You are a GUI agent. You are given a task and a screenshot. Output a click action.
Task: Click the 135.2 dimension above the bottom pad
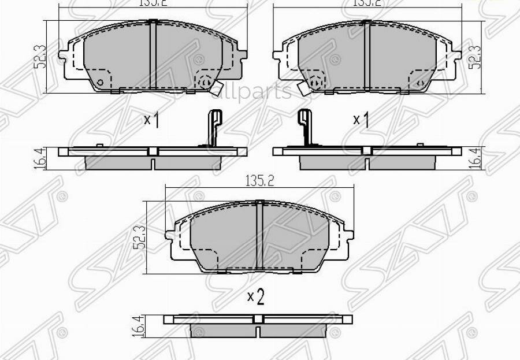tap(258, 180)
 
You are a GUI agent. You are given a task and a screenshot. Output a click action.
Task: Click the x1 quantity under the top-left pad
tap(151, 120)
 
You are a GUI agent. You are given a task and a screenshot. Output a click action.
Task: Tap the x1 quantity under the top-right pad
tap(361, 120)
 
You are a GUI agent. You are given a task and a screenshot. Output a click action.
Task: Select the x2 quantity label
tap(255, 297)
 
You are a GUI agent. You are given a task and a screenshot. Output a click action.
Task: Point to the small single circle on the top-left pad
tap(101, 82)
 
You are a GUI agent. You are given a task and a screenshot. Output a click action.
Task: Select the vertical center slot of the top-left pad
tap(153, 55)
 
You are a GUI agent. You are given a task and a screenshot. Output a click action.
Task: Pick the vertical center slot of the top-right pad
tap(366, 55)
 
